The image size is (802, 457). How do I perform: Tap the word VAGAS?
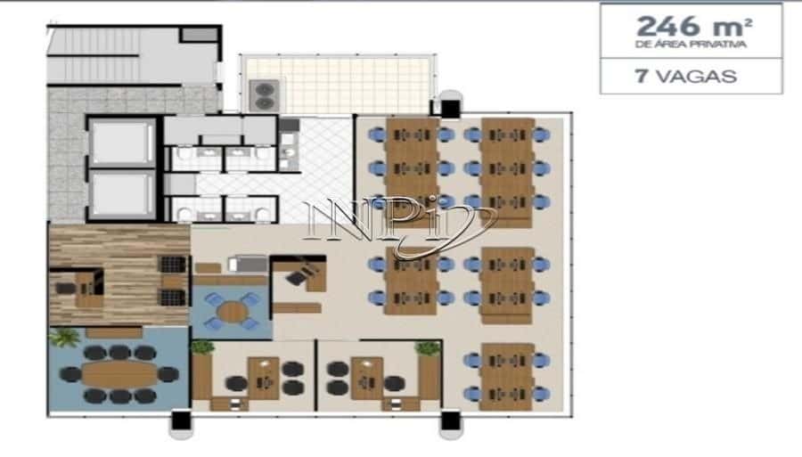click(x=697, y=77)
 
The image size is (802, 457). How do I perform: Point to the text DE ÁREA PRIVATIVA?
click(x=691, y=45)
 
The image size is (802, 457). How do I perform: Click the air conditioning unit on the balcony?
click(x=264, y=95)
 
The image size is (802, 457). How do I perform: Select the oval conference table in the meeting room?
click(x=119, y=374)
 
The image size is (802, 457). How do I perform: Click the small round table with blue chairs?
click(x=232, y=311)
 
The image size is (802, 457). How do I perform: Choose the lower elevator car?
click(x=122, y=194)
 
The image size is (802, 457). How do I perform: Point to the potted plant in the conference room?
click(x=65, y=338)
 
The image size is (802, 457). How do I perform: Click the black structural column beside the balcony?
click(x=450, y=109)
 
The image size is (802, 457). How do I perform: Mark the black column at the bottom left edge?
click(x=181, y=420)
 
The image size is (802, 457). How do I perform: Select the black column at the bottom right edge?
click(x=451, y=420)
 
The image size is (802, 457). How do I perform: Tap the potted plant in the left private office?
click(x=203, y=347)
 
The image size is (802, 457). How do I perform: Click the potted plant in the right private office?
click(x=428, y=348)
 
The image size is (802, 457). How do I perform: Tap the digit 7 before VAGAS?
click(x=642, y=77)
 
